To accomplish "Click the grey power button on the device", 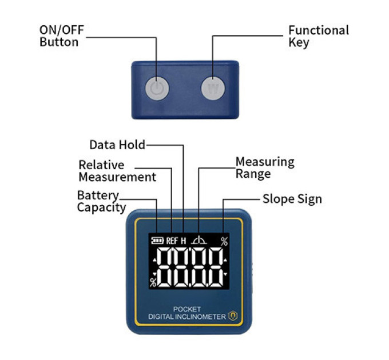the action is click(x=157, y=89).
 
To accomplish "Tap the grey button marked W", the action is click(x=213, y=88).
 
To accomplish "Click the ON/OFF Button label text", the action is click(x=62, y=36).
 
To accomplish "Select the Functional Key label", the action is click(x=319, y=36).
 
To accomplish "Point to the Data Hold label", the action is click(x=117, y=145).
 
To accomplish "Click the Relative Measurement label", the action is click(x=117, y=171).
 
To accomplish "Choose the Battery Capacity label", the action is click(x=101, y=202).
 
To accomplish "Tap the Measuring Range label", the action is click(x=265, y=167).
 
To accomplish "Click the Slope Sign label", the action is click(x=292, y=199).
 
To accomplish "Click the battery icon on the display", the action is click(x=157, y=241).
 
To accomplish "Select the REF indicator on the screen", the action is click(x=172, y=241).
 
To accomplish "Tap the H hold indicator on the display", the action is click(x=183, y=241).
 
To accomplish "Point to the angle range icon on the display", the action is click(x=200, y=240).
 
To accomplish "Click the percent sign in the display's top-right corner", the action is click(x=224, y=241).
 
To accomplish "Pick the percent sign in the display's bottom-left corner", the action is click(x=153, y=282).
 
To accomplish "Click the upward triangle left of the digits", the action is click(x=155, y=260).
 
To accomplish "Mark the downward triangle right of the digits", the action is click(x=225, y=274).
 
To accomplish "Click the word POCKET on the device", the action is click(x=187, y=309).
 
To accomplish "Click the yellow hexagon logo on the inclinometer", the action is click(x=233, y=315).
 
